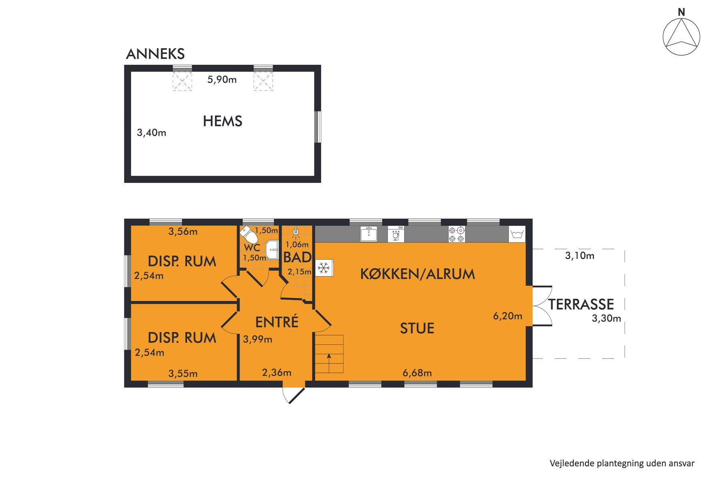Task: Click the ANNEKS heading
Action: pyautogui.click(x=155, y=54)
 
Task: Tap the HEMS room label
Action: pyautogui.click(x=222, y=121)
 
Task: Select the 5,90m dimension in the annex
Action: pyautogui.click(x=222, y=80)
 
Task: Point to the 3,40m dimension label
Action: pyautogui.click(x=152, y=132)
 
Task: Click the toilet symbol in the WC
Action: pyautogui.click(x=249, y=234)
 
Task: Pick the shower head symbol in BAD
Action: pyautogui.click(x=296, y=232)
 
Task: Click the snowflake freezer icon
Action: pyautogui.click(x=324, y=268)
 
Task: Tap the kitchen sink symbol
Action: pyautogui.click(x=368, y=234)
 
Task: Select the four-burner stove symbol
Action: pyautogui.click(x=456, y=234)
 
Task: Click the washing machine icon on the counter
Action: pyautogui.click(x=517, y=234)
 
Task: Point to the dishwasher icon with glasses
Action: pyautogui.click(x=396, y=234)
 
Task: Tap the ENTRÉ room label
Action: pyautogui.click(x=277, y=322)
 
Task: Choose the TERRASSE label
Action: pyautogui.click(x=581, y=304)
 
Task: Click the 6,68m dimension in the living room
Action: pyautogui.click(x=417, y=373)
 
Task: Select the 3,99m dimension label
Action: pyautogui.click(x=258, y=340)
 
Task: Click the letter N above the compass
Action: pyautogui.click(x=682, y=12)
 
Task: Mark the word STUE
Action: pyautogui.click(x=417, y=328)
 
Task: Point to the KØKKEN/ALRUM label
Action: pyautogui.click(x=418, y=274)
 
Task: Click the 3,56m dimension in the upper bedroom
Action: pyautogui.click(x=183, y=232)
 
